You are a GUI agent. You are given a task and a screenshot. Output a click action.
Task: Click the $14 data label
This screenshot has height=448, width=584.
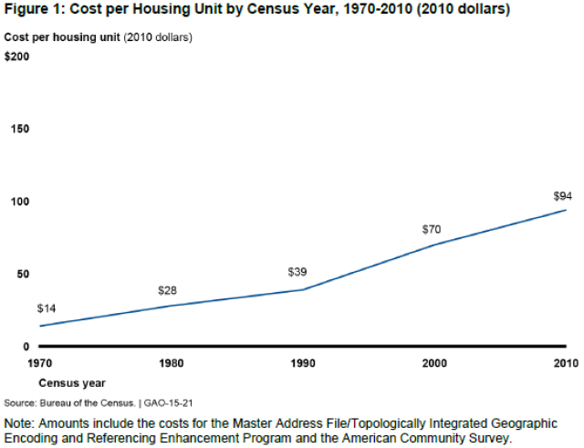pos(47,308)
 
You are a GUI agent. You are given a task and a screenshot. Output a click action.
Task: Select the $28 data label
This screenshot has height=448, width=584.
pos(168,290)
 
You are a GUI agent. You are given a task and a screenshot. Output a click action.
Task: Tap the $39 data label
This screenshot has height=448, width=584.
pos(297,272)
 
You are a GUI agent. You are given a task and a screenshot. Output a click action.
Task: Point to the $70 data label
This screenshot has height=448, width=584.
pos(432,229)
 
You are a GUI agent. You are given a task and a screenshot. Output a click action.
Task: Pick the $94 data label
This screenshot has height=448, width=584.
pos(563,196)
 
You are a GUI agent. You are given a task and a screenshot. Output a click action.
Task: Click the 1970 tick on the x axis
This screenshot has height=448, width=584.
pos(39,363)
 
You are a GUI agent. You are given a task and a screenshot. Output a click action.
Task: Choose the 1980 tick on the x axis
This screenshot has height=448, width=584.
pos(170,363)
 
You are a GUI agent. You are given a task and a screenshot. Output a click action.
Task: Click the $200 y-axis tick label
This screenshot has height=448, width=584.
pos(17,57)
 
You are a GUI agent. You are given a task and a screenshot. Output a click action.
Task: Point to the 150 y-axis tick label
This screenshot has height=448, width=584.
pos(19,129)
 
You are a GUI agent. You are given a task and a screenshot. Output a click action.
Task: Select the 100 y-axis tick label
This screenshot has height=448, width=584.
pos(19,202)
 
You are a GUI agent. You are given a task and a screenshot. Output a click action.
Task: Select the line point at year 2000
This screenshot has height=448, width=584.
pos(433,245)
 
